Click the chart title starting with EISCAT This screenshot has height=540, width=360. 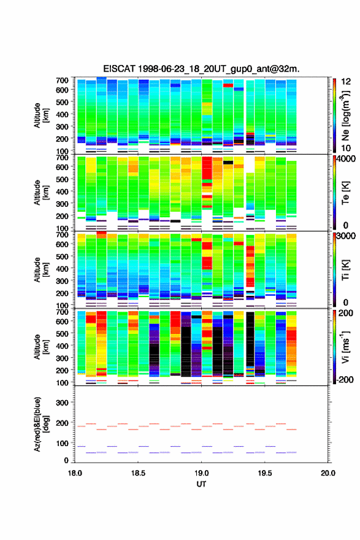[x=201, y=69]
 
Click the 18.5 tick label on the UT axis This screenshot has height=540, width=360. [x=138, y=473]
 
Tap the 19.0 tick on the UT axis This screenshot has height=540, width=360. [x=201, y=473]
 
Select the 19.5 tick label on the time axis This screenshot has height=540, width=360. [x=265, y=473]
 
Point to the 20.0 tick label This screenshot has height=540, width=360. [x=328, y=473]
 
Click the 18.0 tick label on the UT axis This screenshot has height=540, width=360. [x=75, y=473]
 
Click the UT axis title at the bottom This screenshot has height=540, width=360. [x=201, y=484]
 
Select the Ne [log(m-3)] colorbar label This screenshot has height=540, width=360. [x=345, y=116]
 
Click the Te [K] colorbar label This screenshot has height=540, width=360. [x=345, y=193]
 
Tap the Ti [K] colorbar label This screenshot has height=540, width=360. [x=345, y=270]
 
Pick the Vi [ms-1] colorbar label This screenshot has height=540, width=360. [x=345, y=347]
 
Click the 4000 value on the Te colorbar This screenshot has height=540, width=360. [x=345, y=159]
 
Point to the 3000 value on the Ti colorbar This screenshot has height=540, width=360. [x=345, y=236]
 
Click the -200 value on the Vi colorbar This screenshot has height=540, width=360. [x=345, y=379]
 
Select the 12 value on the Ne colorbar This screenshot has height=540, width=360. [x=346, y=82]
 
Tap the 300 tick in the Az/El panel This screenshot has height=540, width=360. [x=63, y=403]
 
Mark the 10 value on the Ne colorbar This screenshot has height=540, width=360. [x=346, y=148]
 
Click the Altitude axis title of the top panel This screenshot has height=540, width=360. [x=41, y=115]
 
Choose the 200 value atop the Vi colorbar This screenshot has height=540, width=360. [x=347, y=313]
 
